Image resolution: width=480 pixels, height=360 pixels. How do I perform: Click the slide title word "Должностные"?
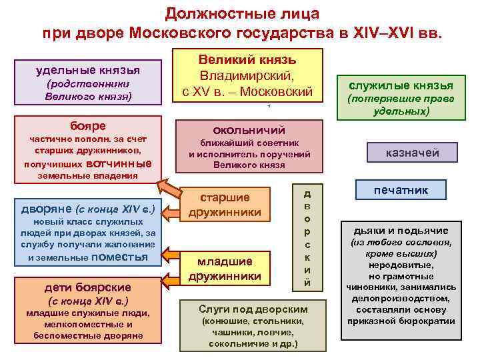pos(203,13)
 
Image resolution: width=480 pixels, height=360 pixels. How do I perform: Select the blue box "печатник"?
pos(400,190)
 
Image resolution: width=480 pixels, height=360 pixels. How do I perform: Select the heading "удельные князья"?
pos(88,69)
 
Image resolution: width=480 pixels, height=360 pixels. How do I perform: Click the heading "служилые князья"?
pos(401,85)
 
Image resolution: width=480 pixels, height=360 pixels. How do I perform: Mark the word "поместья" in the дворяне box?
pos(119,257)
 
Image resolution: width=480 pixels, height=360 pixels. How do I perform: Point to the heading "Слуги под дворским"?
pos(253,309)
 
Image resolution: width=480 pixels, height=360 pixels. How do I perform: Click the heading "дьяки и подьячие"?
pos(401,230)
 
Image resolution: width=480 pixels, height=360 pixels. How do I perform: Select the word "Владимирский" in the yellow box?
pos(247,76)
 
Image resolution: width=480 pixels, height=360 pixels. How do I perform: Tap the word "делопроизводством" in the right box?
pos(401,298)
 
